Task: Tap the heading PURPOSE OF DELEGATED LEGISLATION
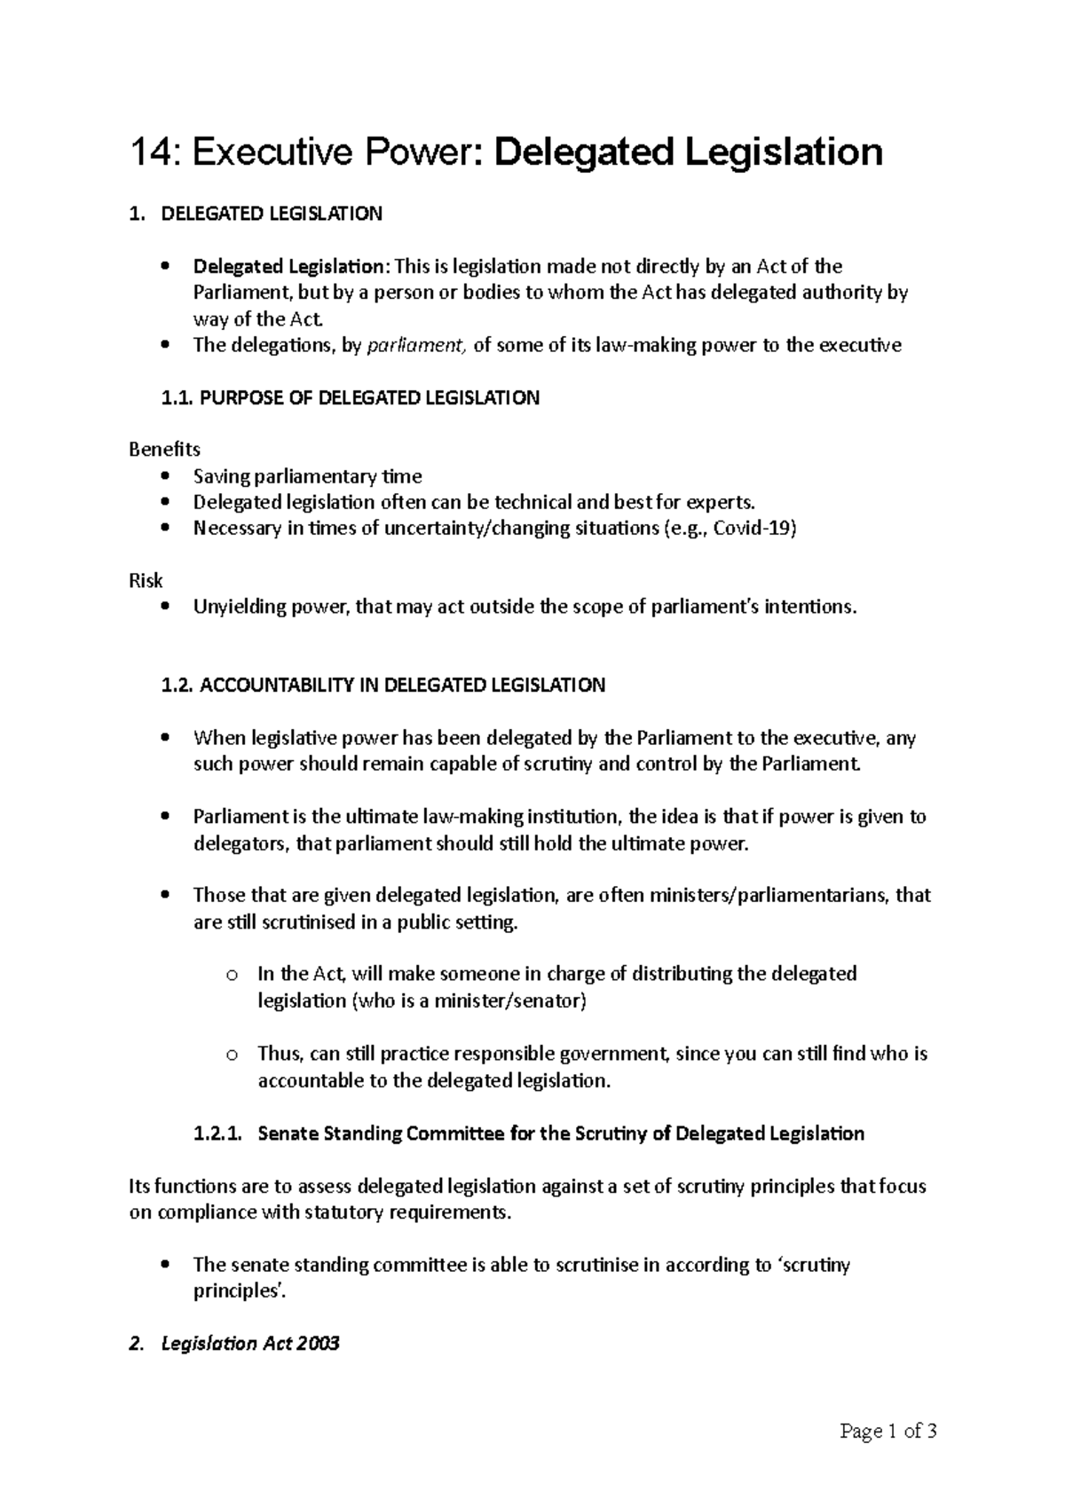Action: point(369,398)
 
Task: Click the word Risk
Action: point(146,581)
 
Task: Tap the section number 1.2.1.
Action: point(216,1134)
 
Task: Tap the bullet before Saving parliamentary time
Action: point(165,477)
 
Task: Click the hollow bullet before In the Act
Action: point(232,976)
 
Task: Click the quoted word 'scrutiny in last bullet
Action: point(813,1266)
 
